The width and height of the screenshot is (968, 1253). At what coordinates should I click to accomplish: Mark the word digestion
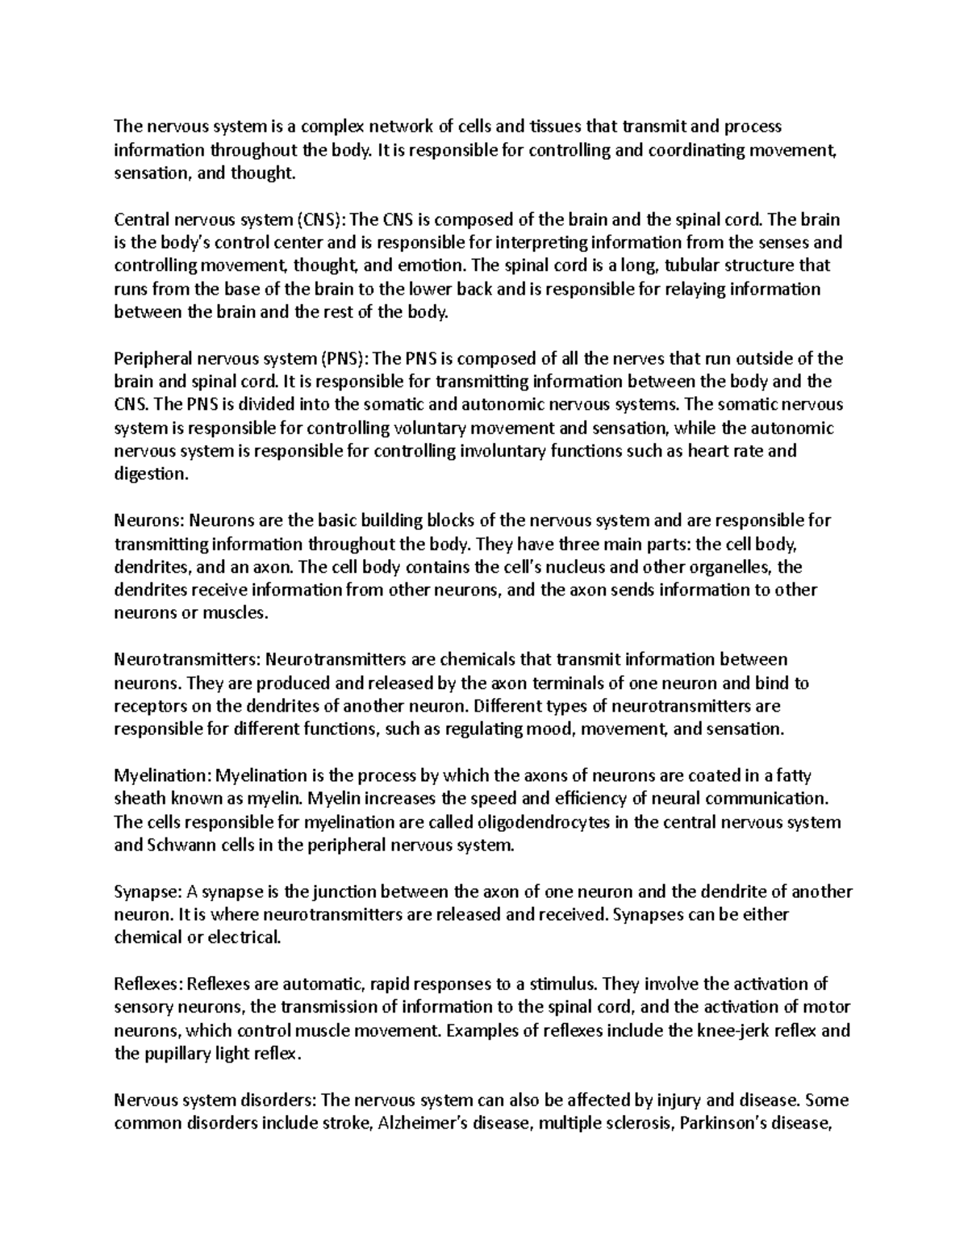pyautogui.click(x=150, y=474)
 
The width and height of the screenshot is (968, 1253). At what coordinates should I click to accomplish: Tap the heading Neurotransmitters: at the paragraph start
pyautogui.click(x=187, y=660)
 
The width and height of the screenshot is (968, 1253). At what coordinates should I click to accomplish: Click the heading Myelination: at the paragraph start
pyautogui.click(x=161, y=776)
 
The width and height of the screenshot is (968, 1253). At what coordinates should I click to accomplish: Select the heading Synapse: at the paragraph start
pyautogui.click(x=148, y=892)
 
